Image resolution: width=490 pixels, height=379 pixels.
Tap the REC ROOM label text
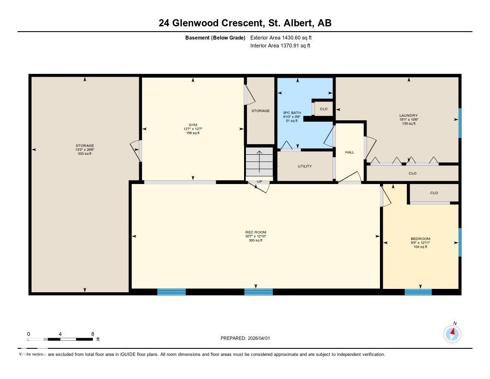[255, 232]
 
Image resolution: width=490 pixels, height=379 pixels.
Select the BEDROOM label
[420, 239]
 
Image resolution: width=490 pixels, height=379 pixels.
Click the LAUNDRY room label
[408, 115]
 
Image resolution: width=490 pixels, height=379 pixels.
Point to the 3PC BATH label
[291, 113]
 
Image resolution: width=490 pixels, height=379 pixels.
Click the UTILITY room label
[305, 166]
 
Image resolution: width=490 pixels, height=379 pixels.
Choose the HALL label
[350, 152]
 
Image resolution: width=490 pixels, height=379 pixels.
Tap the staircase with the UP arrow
[259, 163]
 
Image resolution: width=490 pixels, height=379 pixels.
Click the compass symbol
[452, 333]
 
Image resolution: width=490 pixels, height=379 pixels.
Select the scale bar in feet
[60, 339]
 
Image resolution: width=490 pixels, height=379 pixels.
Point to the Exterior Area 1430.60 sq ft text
[280, 37]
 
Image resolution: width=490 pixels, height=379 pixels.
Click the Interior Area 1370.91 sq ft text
[280, 46]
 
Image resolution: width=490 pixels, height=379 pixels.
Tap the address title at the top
[245, 23]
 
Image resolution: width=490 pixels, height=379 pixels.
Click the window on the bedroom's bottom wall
[418, 291]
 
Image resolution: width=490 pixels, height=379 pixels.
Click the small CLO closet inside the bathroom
[323, 109]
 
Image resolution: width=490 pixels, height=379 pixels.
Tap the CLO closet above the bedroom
[434, 193]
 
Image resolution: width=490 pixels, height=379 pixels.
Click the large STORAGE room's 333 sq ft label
[85, 153]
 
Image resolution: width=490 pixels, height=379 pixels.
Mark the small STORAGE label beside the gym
[260, 111]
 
